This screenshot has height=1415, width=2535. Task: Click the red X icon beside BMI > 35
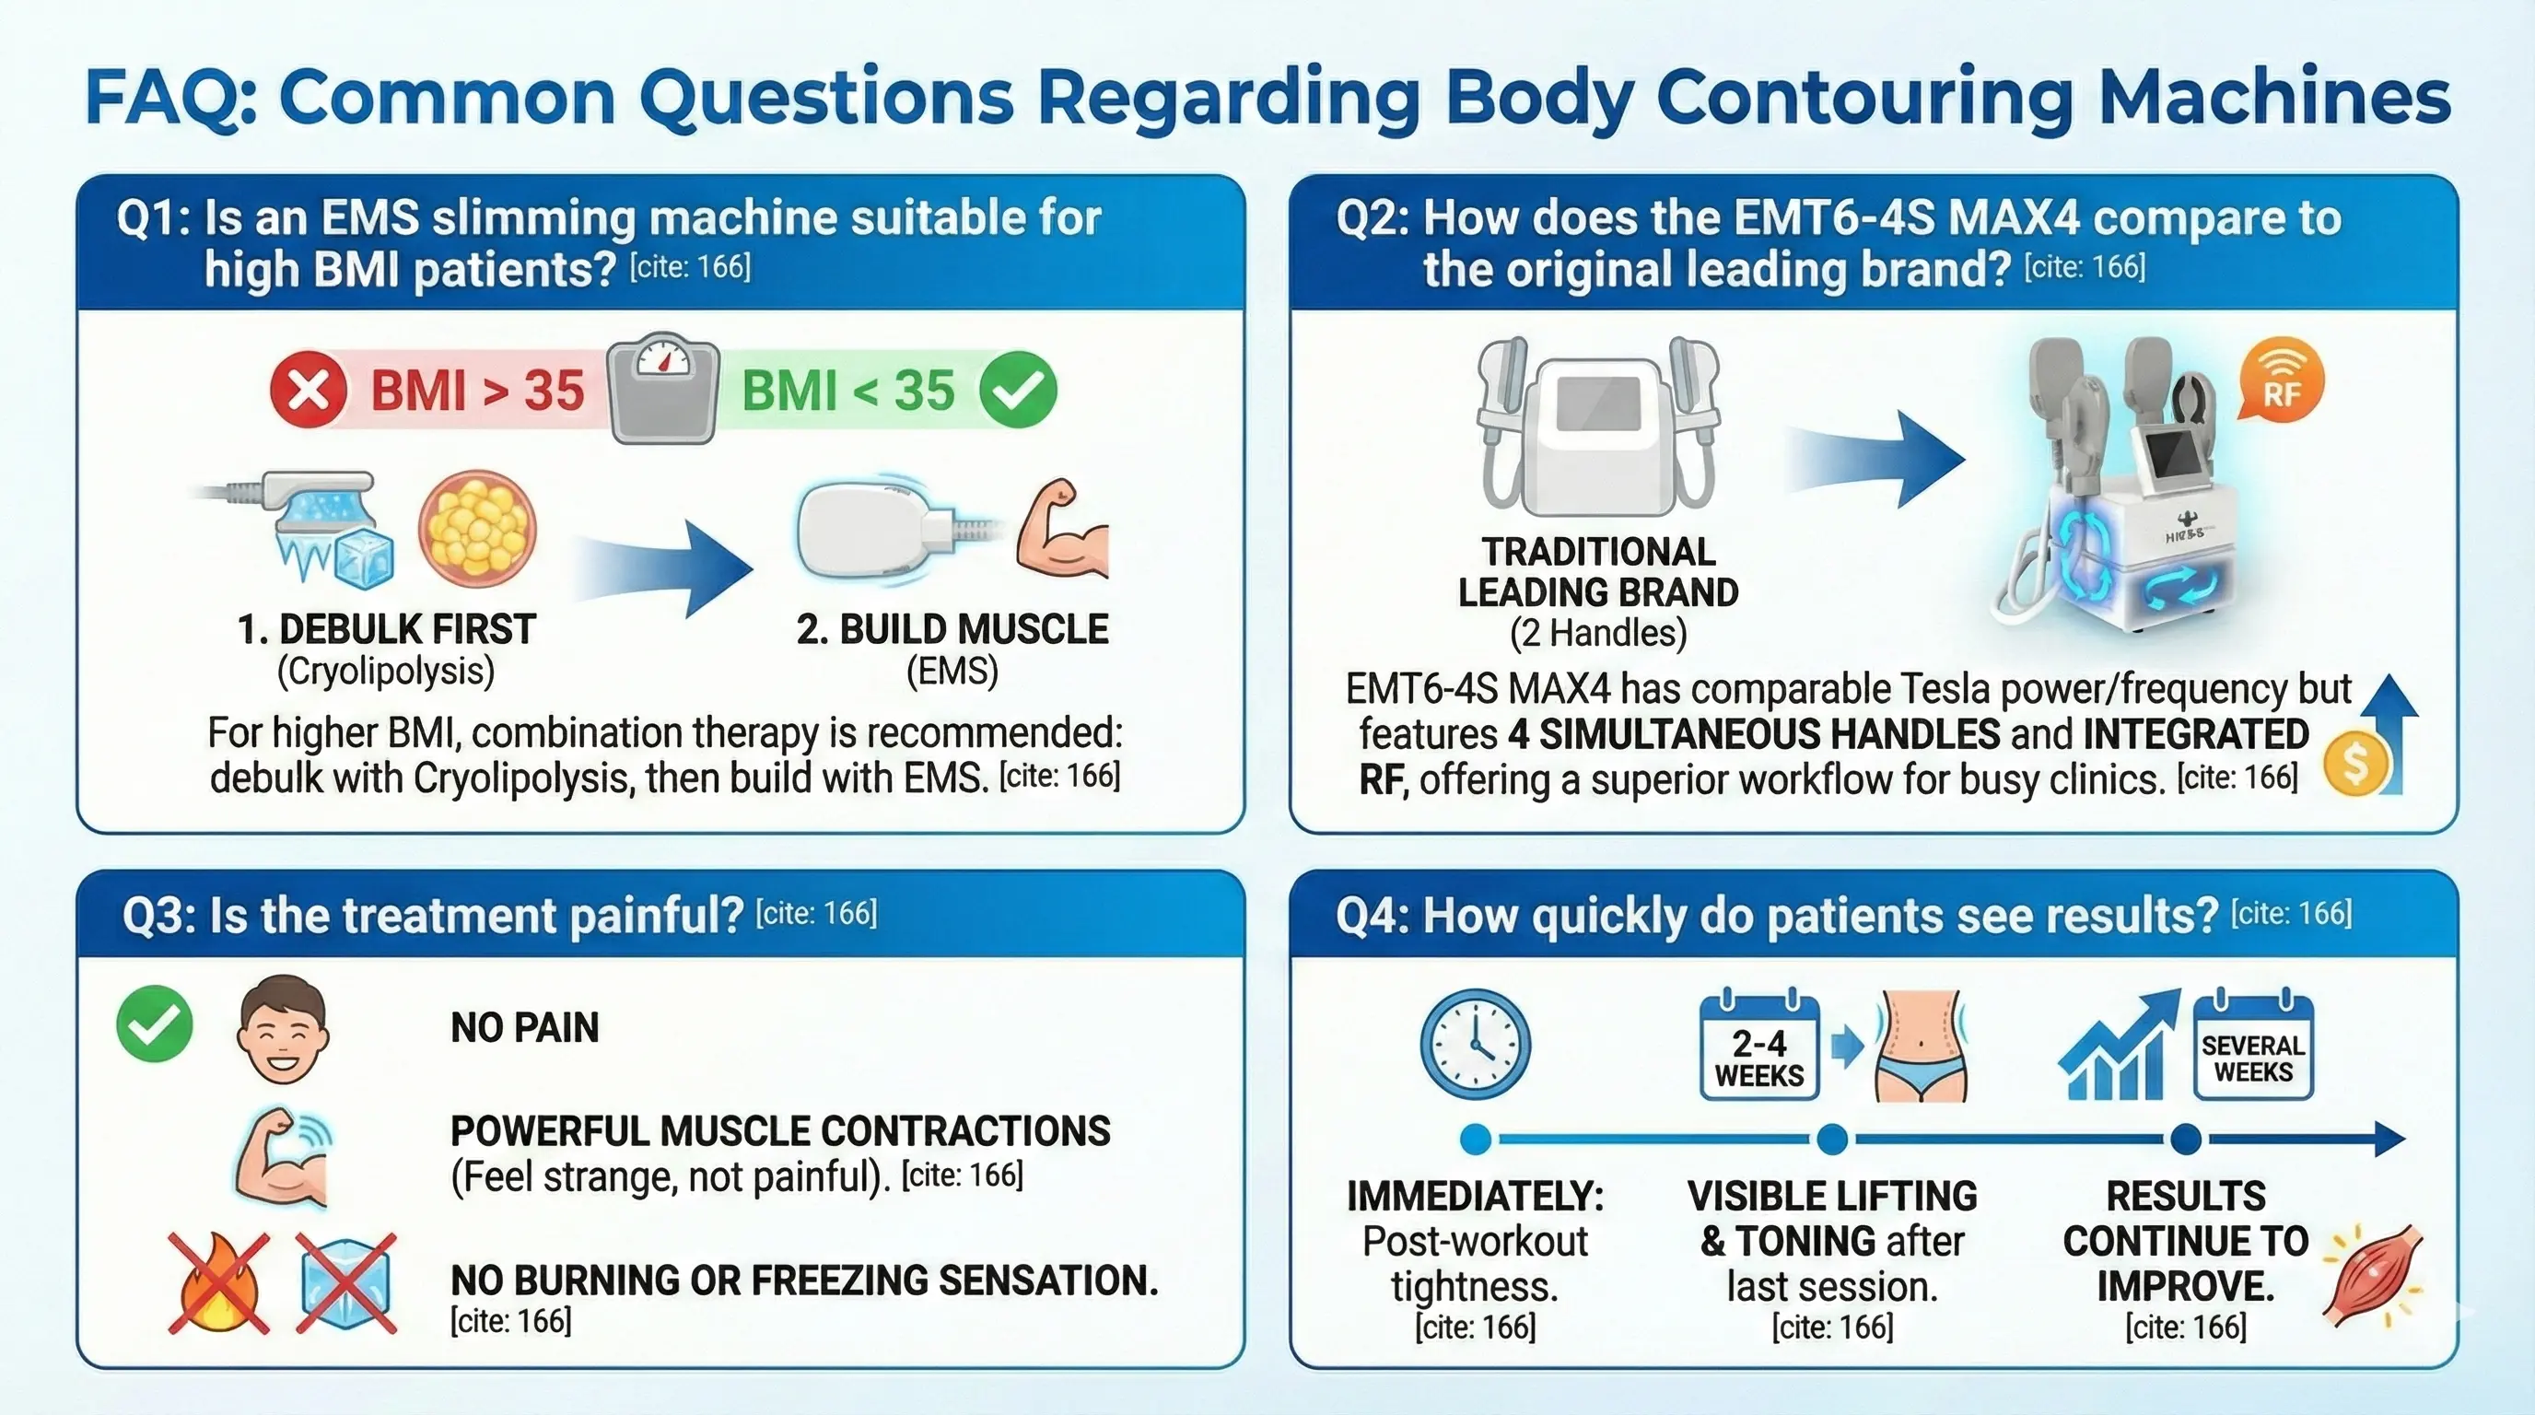tap(308, 390)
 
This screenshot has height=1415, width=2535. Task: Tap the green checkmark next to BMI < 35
tap(1019, 390)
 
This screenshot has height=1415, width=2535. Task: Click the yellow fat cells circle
tap(477, 529)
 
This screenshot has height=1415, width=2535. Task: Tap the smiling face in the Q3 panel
tap(283, 1029)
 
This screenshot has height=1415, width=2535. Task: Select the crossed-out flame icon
tap(218, 1283)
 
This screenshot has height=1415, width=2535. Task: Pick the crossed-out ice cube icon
tap(346, 1283)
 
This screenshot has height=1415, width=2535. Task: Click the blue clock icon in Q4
tap(1475, 1044)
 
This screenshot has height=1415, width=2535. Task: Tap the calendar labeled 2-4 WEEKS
tap(1758, 1048)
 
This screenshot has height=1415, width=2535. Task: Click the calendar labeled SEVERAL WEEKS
tap(2252, 1048)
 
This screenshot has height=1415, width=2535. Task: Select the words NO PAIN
tap(524, 1028)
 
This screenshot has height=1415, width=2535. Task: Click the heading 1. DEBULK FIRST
tap(387, 630)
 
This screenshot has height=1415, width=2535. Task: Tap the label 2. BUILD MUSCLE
tap(952, 630)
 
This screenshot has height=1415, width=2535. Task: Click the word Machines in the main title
tap(2273, 97)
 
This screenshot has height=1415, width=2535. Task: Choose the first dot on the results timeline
tap(1475, 1140)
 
